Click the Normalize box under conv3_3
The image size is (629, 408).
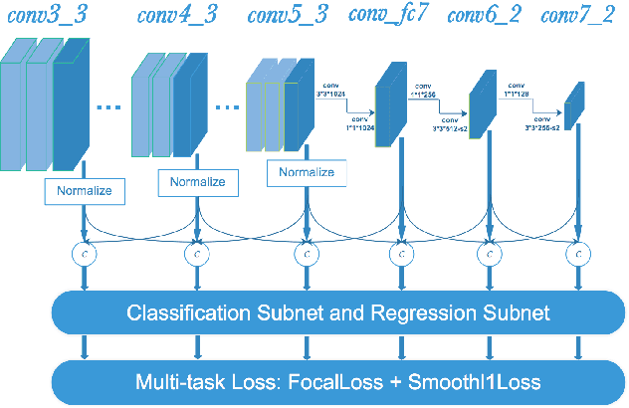click(x=86, y=186)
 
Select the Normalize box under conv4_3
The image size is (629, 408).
click(x=197, y=181)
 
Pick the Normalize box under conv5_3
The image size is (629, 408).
click(x=306, y=172)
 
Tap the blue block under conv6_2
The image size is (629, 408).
click(x=482, y=103)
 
